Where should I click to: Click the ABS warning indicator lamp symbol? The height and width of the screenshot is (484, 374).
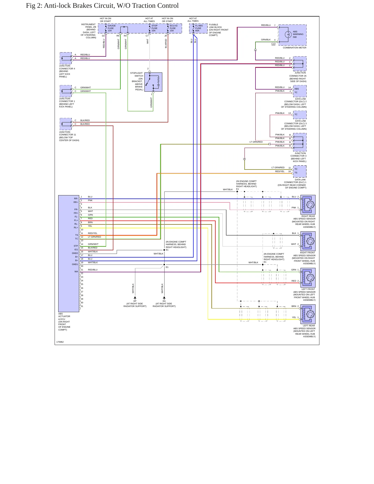click(x=288, y=34)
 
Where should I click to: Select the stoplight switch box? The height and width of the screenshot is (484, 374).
click(x=153, y=82)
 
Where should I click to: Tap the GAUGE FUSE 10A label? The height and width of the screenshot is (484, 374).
click(x=112, y=28)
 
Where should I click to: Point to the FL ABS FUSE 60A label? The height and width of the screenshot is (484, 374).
click(x=199, y=28)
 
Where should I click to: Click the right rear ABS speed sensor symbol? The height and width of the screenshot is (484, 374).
click(x=308, y=205)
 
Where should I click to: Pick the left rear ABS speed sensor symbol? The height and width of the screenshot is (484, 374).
click(x=308, y=314)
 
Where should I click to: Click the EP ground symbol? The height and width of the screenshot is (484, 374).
click(x=135, y=298)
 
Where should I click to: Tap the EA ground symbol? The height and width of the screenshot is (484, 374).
click(x=164, y=298)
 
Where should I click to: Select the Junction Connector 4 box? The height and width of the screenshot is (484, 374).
click(x=66, y=58)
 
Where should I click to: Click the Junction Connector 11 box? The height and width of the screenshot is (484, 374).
click(x=66, y=124)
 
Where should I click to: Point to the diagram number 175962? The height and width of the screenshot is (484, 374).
click(x=60, y=342)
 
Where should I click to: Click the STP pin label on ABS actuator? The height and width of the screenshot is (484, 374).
click(x=76, y=246)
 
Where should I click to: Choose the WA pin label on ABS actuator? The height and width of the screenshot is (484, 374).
click(x=76, y=272)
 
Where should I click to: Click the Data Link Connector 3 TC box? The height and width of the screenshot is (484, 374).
click(x=300, y=115)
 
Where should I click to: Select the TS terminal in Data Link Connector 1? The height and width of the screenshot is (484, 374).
click(x=296, y=173)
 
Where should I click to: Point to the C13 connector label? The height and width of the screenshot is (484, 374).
click(x=273, y=44)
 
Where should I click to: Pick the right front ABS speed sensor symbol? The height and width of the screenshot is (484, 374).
click(x=308, y=241)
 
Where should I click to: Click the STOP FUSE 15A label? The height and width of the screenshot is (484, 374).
click(x=154, y=28)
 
